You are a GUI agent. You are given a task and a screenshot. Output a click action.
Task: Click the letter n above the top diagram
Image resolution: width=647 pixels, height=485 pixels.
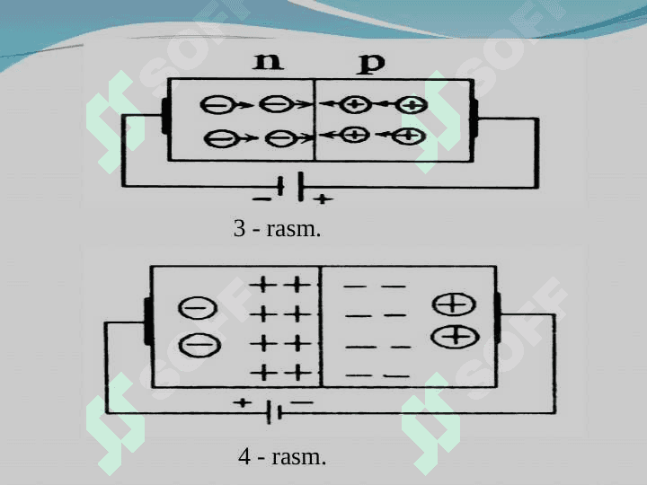pyautogui.click(x=268, y=61)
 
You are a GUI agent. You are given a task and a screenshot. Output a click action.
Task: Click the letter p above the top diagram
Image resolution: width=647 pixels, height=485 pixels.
pyautogui.click(x=371, y=64)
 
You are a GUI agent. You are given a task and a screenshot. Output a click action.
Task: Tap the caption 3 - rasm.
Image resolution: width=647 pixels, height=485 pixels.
pyautogui.click(x=277, y=228)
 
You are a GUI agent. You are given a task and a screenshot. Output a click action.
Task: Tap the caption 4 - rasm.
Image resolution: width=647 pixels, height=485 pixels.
pyautogui.click(x=282, y=457)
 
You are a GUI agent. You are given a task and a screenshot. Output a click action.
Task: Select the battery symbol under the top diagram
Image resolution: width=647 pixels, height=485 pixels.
pyautogui.click(x=291, y=187)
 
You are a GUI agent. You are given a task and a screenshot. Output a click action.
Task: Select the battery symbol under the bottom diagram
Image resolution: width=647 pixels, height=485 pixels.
pyautogui.click(x=274, y=412)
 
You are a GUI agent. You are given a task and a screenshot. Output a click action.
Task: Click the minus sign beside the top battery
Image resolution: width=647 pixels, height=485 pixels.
pyautogui.click(x=261, y=199)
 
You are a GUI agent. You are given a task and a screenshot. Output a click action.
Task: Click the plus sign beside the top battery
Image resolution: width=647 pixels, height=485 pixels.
pyautogui.click(x=323, y=199)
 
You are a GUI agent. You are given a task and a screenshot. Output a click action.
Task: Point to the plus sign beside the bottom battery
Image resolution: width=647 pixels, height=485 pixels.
pyautogui.click(x=243, y=402)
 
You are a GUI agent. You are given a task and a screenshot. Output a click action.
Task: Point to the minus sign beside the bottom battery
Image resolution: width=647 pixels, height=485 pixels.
pyautogui.click(x=302, y=402)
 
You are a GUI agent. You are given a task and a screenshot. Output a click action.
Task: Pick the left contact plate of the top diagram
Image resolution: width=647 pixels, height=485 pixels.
pyautogui.click(x=166, y=116)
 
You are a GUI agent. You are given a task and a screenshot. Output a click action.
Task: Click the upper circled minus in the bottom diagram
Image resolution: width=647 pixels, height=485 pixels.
pyautogui.click(x=197, y=308)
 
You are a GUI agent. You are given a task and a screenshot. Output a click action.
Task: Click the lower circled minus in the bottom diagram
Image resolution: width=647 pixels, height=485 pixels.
pyautogui.click(x=199, y=344)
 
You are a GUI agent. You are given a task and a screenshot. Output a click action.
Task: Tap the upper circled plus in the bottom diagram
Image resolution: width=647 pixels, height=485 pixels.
pyautogui.click(x=454, y=304)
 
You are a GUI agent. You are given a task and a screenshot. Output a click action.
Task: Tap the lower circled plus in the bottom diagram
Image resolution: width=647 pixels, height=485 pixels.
pyautogui.click(x=455, y=337)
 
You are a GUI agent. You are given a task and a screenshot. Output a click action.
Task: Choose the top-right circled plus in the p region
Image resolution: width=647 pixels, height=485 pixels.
pyautogui.click(x=412, y=106)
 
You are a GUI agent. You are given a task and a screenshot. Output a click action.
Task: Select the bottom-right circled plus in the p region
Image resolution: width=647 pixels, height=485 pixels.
pyautogui.click(x=408, y=137)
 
